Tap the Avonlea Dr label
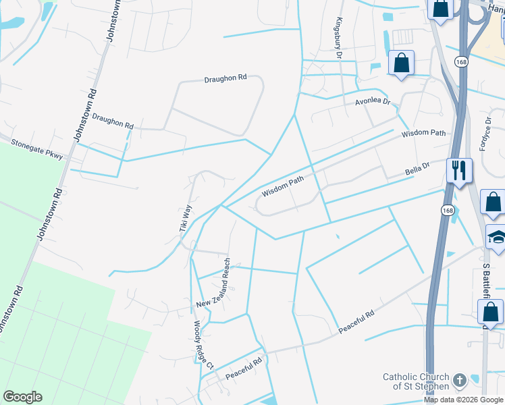tap(373, 102)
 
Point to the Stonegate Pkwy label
tap(37, 149)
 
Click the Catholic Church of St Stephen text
tap(416, 381)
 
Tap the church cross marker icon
tap(460, 381)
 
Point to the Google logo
tap(22, 397)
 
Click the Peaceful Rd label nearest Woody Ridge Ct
tap(244, 369)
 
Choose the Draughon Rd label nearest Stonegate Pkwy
tap(113, 122)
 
